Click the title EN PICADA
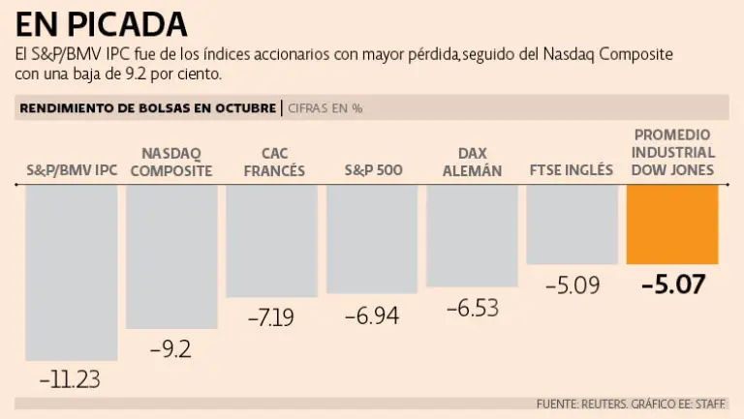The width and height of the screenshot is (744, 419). click(x=101, y=22)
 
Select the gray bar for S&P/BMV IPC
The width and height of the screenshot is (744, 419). click(x=72, y=271)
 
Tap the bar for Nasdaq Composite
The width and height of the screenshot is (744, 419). click(x=171, y=256)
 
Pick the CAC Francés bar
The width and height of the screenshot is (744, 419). click(x=271, y=241)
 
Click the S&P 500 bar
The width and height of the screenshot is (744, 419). click(x=372, y=238)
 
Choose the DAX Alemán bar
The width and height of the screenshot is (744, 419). click(x=472, y=235)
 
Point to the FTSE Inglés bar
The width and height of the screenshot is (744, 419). click(x=572, y=224)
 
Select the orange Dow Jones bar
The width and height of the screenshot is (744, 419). click(x=672, y=224)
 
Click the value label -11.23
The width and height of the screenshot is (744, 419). click(x=70, y=377)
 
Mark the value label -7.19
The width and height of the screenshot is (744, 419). click(x=270, y=316)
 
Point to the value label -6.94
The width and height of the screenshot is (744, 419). click(x=372, y=314)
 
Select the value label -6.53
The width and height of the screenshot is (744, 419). click(x=473, y=308)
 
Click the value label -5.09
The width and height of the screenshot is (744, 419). click(x=573, y=285)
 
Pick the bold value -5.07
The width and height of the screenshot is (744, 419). click(x=672, y=284)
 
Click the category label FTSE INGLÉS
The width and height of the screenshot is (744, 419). click(x=572, y=170)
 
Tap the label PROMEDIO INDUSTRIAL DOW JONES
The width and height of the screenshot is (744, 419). click(x=673, y=153)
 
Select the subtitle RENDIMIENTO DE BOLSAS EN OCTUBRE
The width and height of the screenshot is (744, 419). click(x=148, y=108)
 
